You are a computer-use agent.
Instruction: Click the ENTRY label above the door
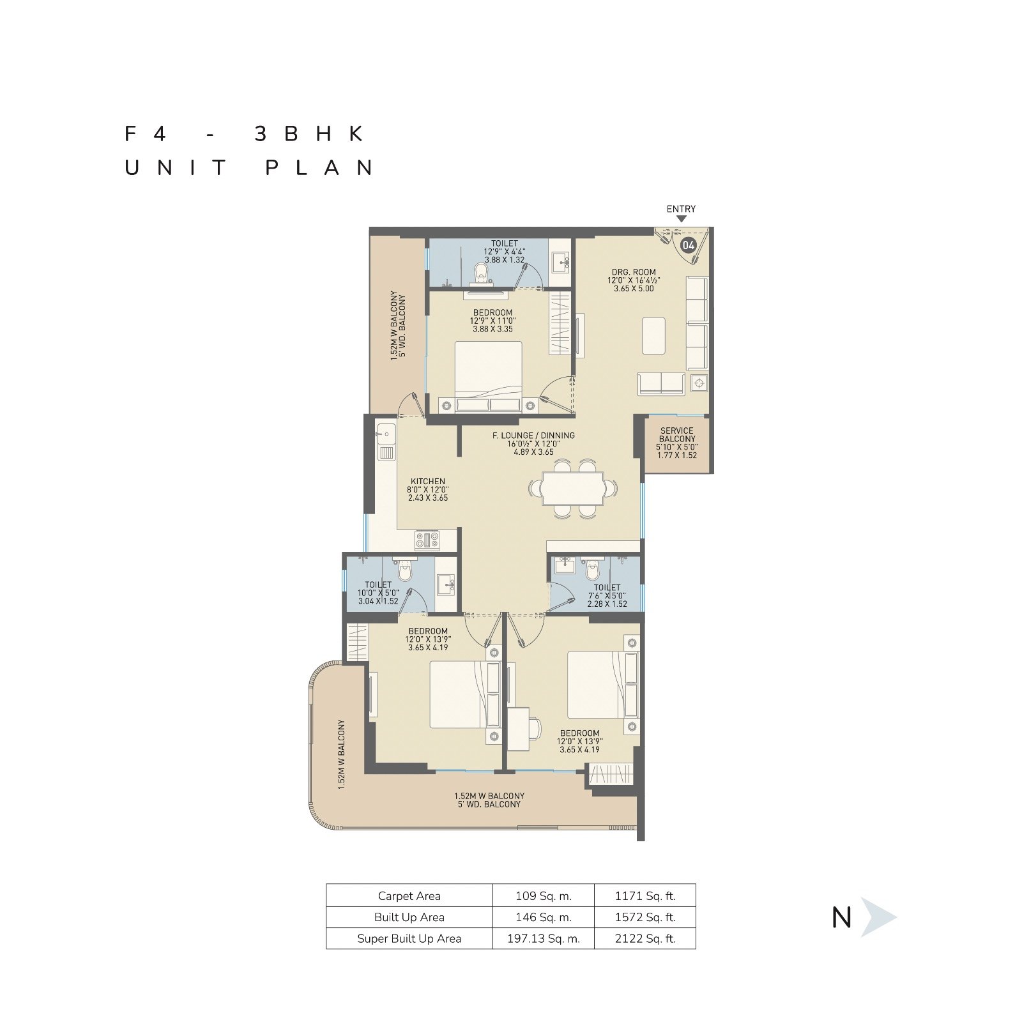(681, 209)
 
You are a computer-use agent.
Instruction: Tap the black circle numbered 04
(688, 245)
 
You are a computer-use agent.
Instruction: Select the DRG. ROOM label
(634, 272)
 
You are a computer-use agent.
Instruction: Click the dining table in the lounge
(573, 489)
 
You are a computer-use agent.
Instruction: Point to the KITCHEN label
(428, 482)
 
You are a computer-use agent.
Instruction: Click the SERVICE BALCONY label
(677, 435)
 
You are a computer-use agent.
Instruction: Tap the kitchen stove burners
(427, 540)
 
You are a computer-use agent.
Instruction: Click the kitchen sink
(386, 441)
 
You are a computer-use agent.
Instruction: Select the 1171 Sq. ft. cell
(645, 896)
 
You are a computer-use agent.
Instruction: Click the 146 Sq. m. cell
(544, 917)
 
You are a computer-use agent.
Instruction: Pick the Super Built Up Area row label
(409, 938)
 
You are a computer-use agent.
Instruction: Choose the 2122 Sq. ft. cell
(645, 938)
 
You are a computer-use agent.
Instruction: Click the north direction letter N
(842, 918)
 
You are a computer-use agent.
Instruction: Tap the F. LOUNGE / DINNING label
(533, 436)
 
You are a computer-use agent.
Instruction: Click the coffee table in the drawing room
(653, 335)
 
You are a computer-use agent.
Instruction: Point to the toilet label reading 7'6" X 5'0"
(607, 596)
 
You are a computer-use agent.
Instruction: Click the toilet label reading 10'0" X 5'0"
(378, 593)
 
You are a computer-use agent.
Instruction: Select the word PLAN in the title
(320, 168)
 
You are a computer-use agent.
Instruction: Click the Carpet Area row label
(409, 896)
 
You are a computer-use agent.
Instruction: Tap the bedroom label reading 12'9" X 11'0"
(492, 321)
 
